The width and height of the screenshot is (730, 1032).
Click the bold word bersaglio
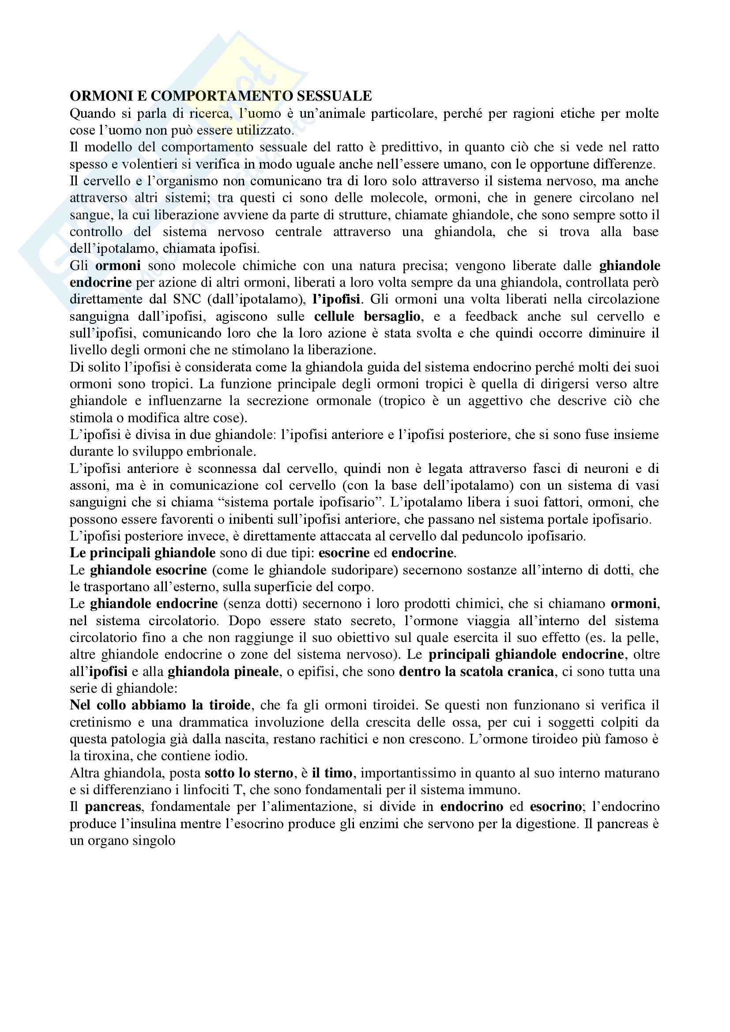point(392,316)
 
